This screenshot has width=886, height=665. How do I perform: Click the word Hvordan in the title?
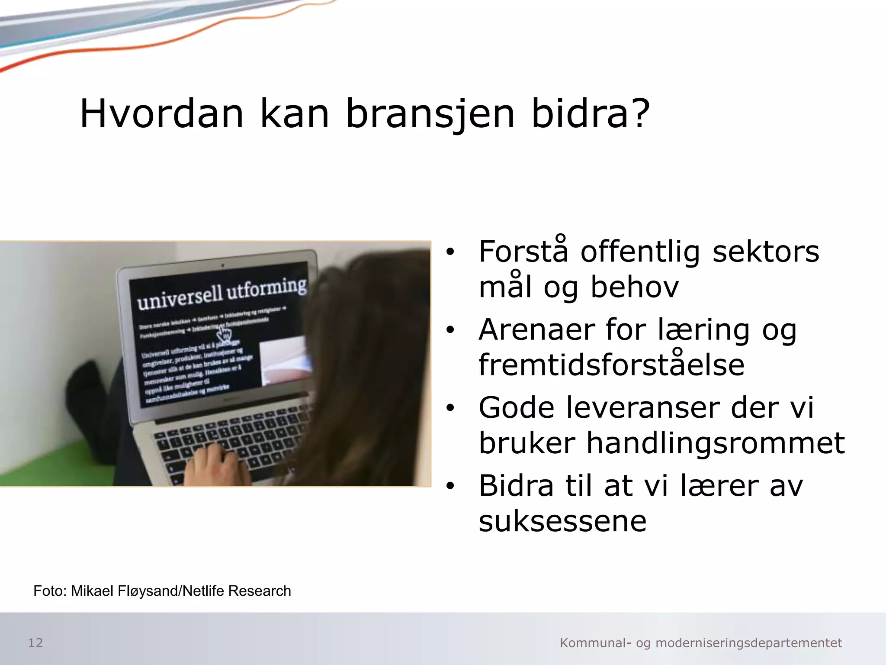(x=162, y=113)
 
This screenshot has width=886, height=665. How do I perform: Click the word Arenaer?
(x=537, y=330)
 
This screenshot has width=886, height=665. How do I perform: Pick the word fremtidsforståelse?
(x=611, y=365)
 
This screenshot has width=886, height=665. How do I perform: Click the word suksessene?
(x=562, y=521)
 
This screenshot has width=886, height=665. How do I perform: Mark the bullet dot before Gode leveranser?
(x=450, y=408)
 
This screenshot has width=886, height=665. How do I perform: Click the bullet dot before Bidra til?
(x=450, y=486)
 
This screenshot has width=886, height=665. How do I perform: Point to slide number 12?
(x=35, y=643)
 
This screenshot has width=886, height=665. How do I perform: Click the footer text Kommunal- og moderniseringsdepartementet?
(x=701, y=643)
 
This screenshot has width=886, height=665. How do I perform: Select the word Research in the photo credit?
(x=260, y=591)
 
